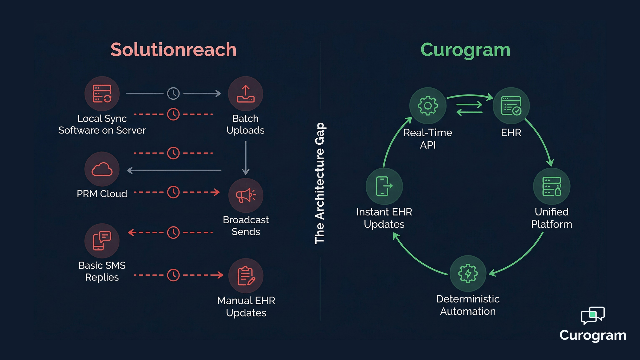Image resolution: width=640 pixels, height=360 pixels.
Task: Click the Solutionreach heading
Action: [173, 50]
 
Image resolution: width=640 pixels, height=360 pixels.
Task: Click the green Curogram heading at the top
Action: [465, 50]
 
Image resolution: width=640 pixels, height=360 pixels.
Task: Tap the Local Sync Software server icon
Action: [102, 94]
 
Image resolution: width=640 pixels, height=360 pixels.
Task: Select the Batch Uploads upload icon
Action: [246, 94]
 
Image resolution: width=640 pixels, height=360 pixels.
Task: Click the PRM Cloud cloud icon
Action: [102, 169]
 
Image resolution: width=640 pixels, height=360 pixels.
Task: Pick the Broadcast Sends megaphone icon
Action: [246, 195]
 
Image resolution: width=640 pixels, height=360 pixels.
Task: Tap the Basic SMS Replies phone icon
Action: [102, 241]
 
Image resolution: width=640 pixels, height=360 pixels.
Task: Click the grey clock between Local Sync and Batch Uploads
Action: [173, 94]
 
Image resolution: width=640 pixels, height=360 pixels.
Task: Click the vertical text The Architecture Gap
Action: [319, 183]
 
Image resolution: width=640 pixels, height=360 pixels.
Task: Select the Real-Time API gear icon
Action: [428, 106]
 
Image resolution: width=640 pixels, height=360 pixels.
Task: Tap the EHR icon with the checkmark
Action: [511, 106]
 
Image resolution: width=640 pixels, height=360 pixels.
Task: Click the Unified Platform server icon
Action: [552, 186]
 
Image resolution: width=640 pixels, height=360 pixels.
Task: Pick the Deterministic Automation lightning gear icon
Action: [468, 273]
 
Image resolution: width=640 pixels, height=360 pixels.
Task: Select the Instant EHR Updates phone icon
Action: [384, 186]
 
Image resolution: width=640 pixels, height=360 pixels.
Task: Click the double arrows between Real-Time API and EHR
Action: [469, 109]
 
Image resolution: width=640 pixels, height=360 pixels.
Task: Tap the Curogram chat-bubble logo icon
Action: [593, 315]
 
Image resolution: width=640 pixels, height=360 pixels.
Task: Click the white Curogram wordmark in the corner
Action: [593, 335]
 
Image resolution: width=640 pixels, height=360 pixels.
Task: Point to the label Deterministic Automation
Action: [468, 305]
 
